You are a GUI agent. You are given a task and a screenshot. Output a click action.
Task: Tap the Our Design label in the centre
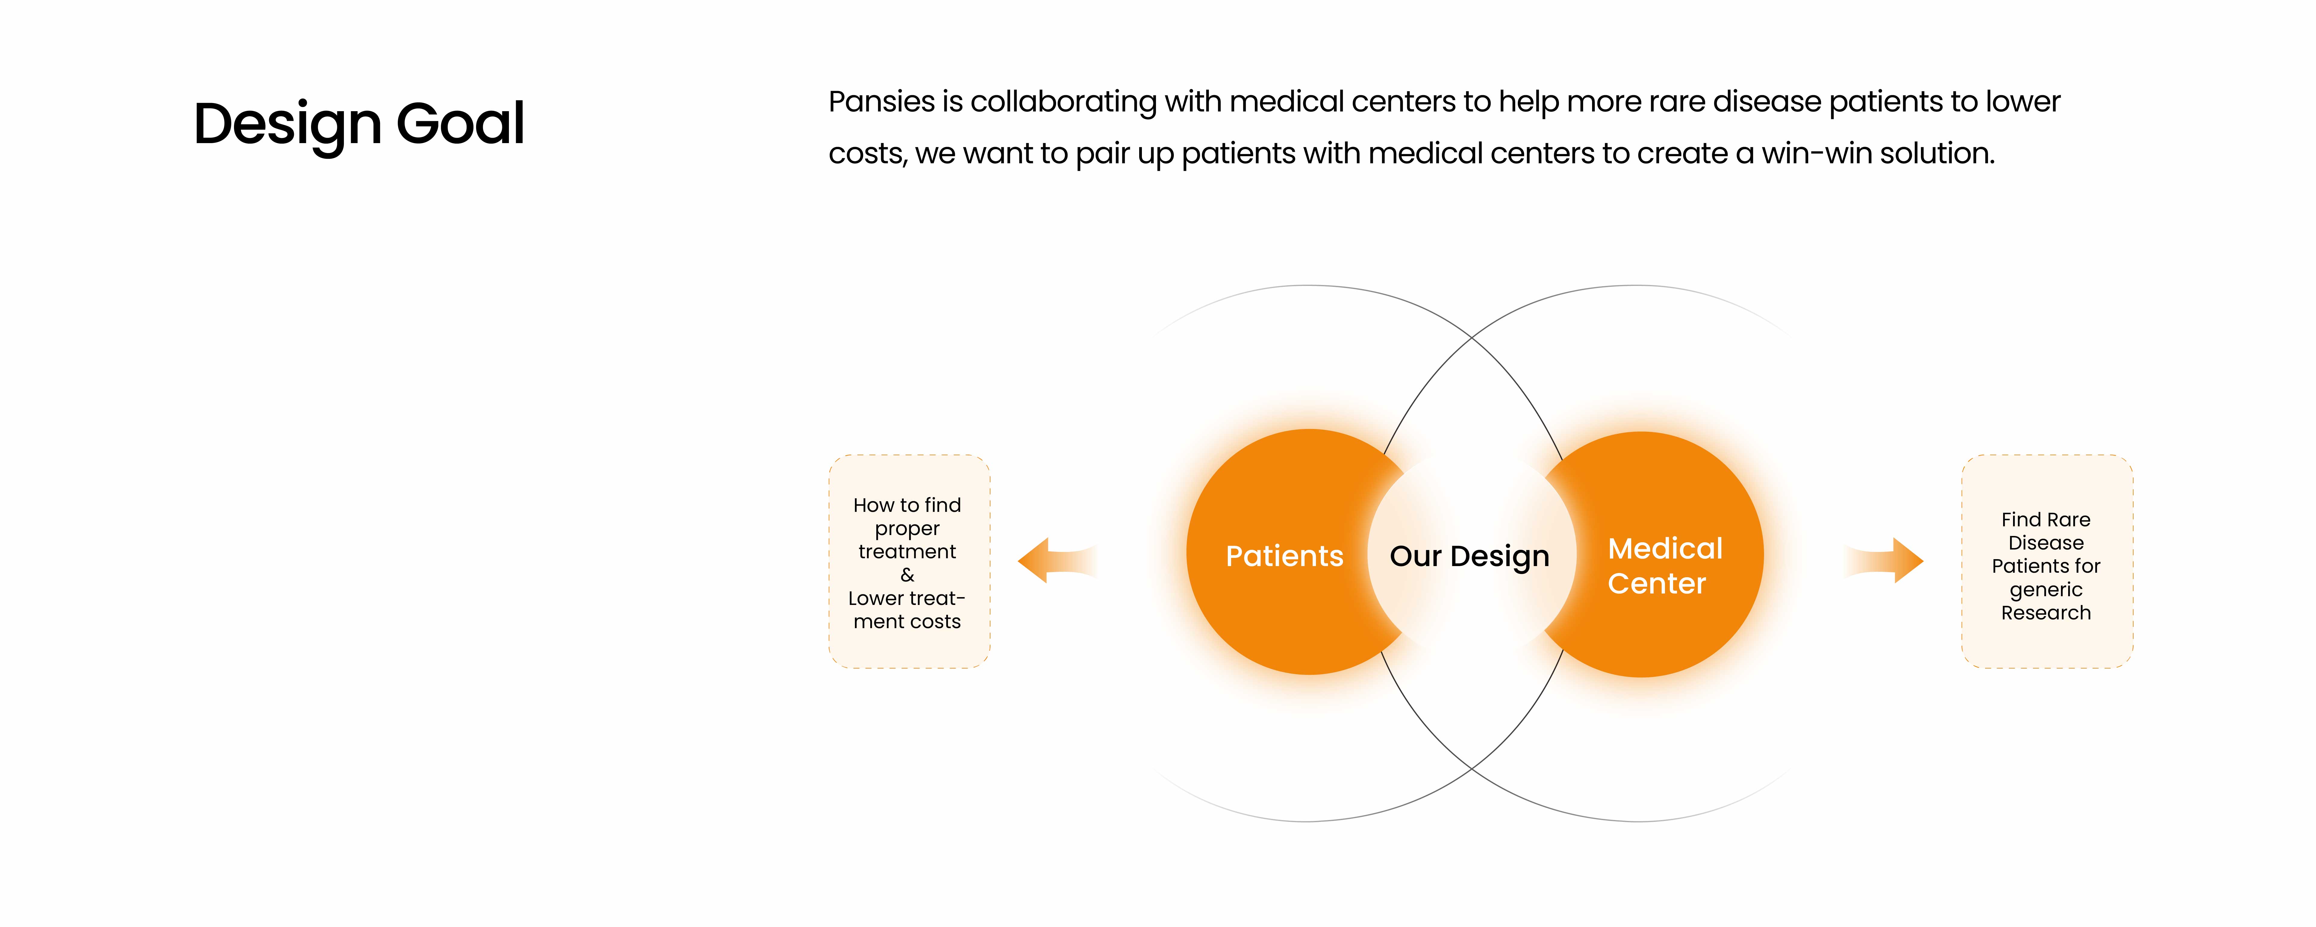coord(1469,556)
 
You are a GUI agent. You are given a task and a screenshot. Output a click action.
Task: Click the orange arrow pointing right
coord(1884,560)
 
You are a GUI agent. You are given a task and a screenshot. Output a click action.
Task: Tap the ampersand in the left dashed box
coord(907,575)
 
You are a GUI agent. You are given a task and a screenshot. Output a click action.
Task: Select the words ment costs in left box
coord(907,621)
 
